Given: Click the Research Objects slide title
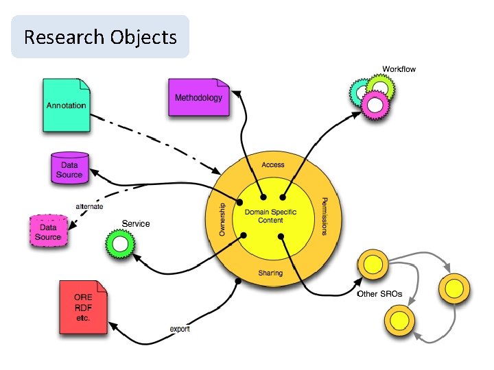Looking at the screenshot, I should coord(100,37).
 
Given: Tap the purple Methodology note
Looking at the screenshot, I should coord(198,97).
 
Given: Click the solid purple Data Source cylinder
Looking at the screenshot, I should coord(70,169).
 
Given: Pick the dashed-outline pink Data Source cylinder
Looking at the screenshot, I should coord(48,231).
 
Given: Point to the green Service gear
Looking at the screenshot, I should coord(120,243).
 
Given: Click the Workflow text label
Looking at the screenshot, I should coord(399,69).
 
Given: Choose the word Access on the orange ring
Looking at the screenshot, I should coord(273,165).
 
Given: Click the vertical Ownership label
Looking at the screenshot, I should coord(222,219).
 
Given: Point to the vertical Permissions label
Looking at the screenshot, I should coord(324,217).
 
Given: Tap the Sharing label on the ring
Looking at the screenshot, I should coord(270,273).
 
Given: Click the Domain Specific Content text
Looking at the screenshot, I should coord(270,216).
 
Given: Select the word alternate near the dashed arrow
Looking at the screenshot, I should coord(89,207).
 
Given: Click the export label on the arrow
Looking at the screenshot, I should coord(180,329).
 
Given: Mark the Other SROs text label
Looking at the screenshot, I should coord(379,295).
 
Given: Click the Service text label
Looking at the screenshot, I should coord(135,223).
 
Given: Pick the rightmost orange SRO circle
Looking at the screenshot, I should coord(456,288).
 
